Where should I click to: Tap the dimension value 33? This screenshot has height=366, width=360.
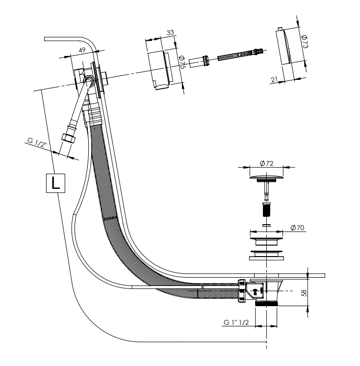pyautogui.click(x=170, y=32)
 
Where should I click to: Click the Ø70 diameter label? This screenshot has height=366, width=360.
pyautogui.click(x=297, y=227)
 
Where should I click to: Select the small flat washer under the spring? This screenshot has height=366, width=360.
pyautogui.click(x=267, y=225)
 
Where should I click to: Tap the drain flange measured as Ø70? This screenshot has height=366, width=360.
pyautogui.click(x=266, y=241)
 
